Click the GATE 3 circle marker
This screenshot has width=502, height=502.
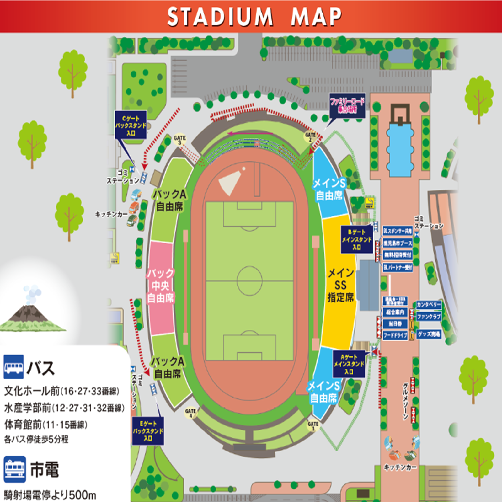(180, 140)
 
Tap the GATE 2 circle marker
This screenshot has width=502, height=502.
(310, 137)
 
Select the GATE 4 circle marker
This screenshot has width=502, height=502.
(190, 413)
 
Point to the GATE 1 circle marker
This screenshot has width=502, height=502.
(313, 426)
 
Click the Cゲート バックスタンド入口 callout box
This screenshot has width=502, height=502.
(131, 125)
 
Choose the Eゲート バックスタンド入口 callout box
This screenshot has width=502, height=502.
(148, 431)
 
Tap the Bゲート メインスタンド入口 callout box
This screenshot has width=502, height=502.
(356, 240)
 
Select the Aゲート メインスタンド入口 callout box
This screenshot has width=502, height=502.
(349, 364)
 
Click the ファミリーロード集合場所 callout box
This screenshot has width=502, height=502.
(347, 105)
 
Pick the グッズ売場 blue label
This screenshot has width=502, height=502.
(429, 334)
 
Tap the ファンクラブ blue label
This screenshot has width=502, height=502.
(429, 317)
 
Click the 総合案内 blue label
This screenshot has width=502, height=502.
(395, 312)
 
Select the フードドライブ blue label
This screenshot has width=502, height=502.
(395, 335)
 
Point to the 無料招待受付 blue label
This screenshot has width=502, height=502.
(398, 255)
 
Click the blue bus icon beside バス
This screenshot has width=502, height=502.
(13, 366)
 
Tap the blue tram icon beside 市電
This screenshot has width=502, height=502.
(15, 469)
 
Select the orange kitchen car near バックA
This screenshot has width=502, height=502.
(134, 207)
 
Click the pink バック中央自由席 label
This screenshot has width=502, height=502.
(160, 286)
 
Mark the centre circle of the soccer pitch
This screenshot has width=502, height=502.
(249, 281)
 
